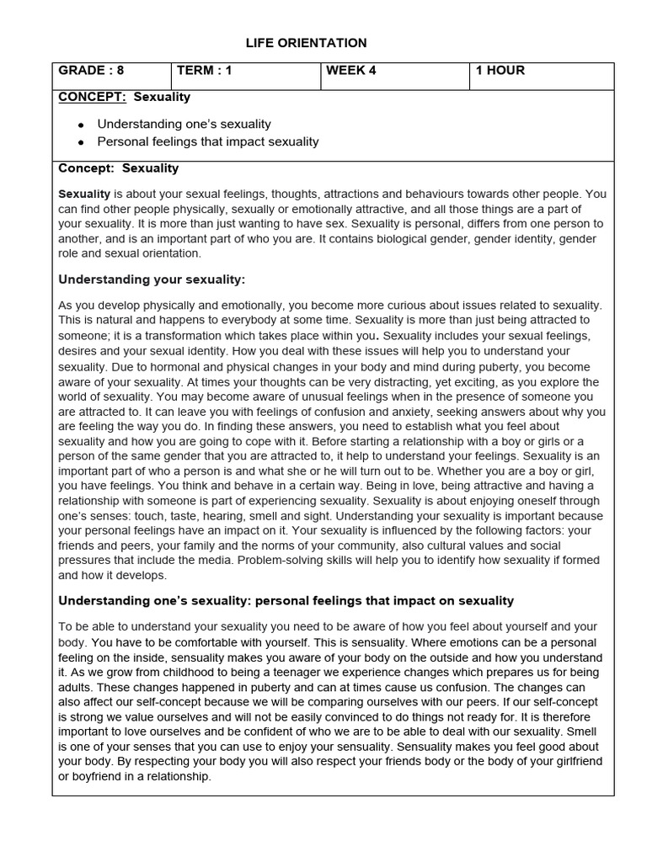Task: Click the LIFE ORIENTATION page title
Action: click(x=306, y=43)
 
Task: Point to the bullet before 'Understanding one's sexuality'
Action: click(x=81, y=125)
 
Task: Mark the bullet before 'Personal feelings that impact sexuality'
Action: click(x=81, y=142)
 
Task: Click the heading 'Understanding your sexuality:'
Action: click(x=152, y=279)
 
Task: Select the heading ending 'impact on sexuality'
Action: click(x=286, y=600)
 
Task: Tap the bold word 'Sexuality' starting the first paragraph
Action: click(x=84, y=194)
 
